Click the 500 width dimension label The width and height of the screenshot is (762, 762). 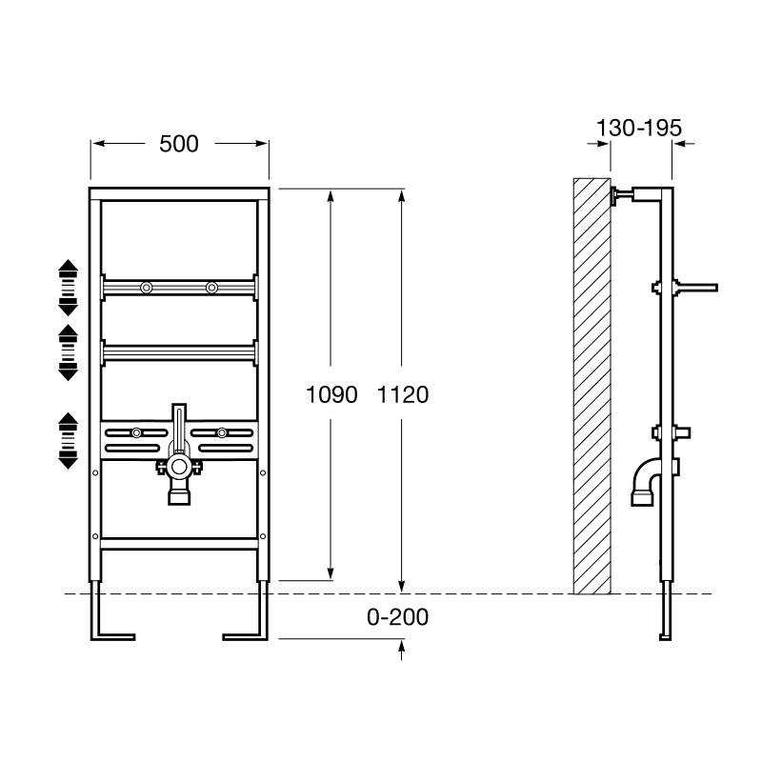(x=179, y=144)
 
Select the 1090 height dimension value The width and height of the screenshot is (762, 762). (x=331, y=394)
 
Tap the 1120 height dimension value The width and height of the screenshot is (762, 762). (x=403, y=394)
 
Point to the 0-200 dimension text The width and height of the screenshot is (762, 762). (x=397, y=617)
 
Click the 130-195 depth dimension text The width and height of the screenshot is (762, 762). (x=639, y=129)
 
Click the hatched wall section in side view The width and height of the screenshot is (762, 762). (x=592, y=387)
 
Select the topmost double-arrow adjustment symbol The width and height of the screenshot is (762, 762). (x=68, y=288)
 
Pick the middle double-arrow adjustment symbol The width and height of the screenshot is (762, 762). (x=68, y=352)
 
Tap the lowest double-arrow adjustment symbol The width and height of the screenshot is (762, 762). (x=68, y=441)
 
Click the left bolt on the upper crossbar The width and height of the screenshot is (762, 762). (x=147, y=288)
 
